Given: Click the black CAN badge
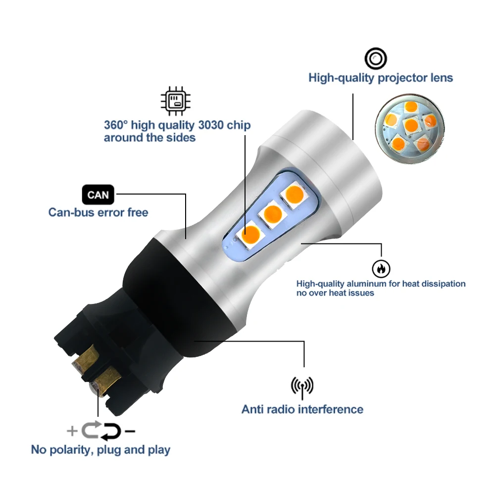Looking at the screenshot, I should (x=98, y=195).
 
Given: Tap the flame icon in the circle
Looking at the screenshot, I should (x=381, y=268).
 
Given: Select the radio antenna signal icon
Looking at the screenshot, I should (x=302, y=386).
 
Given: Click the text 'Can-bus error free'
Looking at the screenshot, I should (x=98, y=212).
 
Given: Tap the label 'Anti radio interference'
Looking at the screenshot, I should (x=302, y=409).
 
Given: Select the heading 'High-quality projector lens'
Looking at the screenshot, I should (x=380, y=78).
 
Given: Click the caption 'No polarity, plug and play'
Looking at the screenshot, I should (x=100, y=449).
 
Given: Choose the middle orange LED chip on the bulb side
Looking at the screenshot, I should (x=272, y=213).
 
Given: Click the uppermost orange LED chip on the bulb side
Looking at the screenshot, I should (x=294, y=193).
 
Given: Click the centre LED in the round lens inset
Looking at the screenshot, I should (x=411, y=125).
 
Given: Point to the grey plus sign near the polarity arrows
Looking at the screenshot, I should (x=72, y=431).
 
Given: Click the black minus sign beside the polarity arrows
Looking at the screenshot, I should (x=130, y=432).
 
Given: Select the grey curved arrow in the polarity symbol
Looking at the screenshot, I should (x=92, y=429).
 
